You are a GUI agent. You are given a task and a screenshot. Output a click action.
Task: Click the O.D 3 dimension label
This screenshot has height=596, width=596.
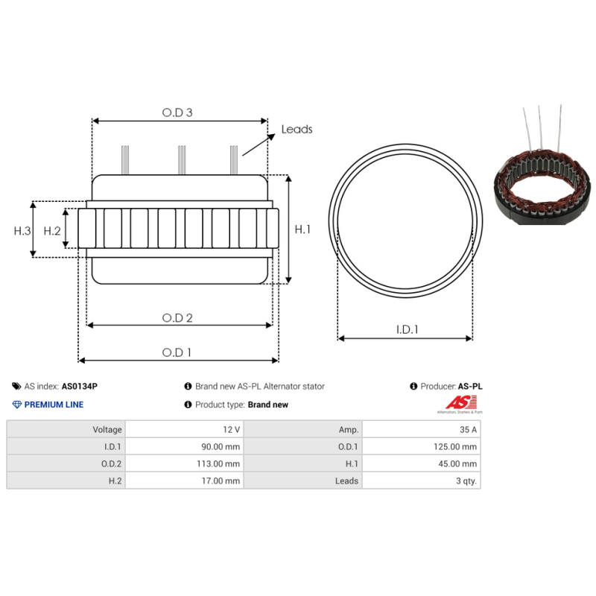click(x=177, y=112)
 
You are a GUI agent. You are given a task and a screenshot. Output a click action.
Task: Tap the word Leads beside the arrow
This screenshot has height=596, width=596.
click(x=297, y=130)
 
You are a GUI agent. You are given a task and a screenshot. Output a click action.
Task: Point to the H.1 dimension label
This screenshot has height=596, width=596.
click(x=302, y=229)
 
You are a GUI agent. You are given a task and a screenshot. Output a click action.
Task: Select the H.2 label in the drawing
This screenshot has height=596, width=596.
click(x=51, y=231)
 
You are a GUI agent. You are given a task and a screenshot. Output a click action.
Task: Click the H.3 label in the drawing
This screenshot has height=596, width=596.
click(x=22, y=231)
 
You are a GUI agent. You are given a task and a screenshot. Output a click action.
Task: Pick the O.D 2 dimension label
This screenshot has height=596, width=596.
click(x=177, y=318)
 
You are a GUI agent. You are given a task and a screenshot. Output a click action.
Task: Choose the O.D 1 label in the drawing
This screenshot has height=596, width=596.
click(x=177, y=352)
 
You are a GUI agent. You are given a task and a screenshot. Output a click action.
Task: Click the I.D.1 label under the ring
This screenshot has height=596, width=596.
click(x=407, y=329)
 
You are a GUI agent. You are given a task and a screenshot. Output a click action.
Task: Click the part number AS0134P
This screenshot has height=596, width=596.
click(x=79, y=387)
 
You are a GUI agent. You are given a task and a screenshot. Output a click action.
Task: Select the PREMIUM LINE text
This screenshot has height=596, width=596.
click(x=54, y=405)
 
